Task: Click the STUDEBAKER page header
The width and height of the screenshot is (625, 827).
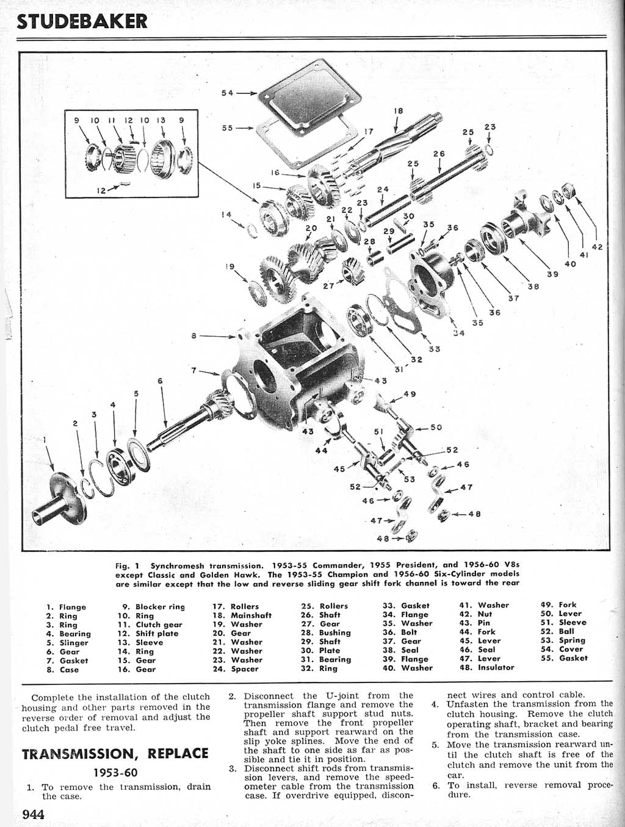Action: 83,21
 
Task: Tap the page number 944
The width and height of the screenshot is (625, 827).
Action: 37,814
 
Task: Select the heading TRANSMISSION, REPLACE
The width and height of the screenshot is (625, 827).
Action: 115,753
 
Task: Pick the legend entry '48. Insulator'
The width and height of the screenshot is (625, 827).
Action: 487,667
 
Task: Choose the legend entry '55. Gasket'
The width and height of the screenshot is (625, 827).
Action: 564,658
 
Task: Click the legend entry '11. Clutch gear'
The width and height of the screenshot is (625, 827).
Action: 150,625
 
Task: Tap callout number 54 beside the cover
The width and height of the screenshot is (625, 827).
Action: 227,93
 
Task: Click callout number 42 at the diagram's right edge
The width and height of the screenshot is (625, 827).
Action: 597,247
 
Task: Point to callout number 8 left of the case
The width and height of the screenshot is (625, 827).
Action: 193,335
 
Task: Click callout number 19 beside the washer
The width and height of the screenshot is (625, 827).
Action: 229,266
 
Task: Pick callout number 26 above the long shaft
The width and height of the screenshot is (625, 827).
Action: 439,154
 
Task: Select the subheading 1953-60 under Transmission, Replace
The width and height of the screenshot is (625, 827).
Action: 115,772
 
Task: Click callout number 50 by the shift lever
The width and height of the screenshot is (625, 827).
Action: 436,428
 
